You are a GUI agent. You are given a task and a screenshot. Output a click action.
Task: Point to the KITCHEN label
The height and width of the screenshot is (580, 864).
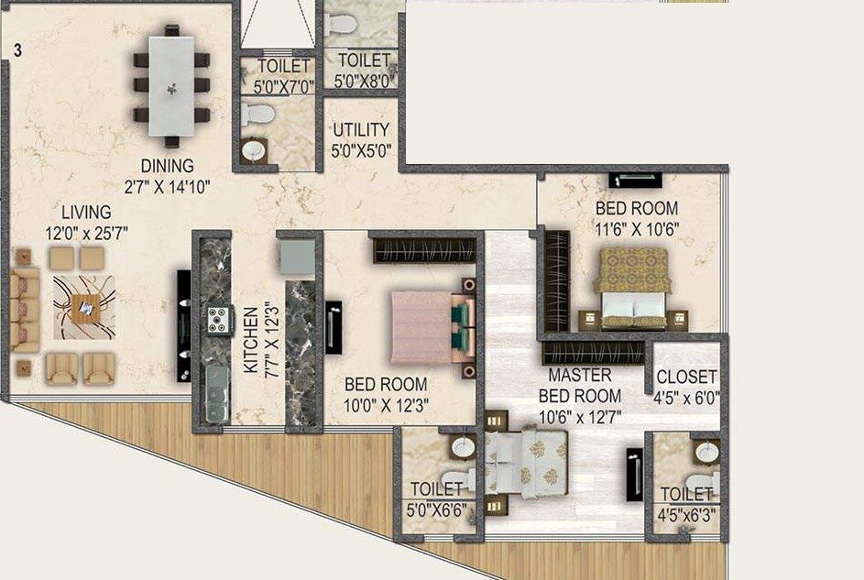250,338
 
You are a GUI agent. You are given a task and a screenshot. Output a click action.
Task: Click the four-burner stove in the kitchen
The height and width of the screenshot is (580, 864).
218,320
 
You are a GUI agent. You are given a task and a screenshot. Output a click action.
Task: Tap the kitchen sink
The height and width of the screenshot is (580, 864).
215,394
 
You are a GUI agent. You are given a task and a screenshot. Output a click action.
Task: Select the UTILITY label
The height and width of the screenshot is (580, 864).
360,129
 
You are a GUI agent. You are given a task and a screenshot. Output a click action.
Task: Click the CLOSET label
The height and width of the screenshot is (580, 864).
686,377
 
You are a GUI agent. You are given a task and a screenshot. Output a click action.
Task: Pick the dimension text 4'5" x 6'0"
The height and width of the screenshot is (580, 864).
686,399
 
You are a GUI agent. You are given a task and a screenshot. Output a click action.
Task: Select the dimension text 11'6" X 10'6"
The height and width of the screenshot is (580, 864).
637,229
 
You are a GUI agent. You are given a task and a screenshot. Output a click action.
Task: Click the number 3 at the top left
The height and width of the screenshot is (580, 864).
17,51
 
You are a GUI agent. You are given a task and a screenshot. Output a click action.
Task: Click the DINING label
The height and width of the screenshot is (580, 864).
167,166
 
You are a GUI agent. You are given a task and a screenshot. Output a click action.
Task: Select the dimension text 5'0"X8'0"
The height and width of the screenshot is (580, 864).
365,81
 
